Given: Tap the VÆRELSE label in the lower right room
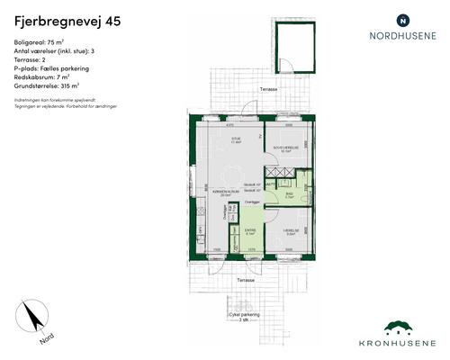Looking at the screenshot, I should coord(290,231).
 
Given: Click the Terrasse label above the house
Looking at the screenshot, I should coord(268,90).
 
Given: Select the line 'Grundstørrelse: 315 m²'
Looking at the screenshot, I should coord(48,86).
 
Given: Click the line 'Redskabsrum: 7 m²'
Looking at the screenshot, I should coord(43,77).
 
